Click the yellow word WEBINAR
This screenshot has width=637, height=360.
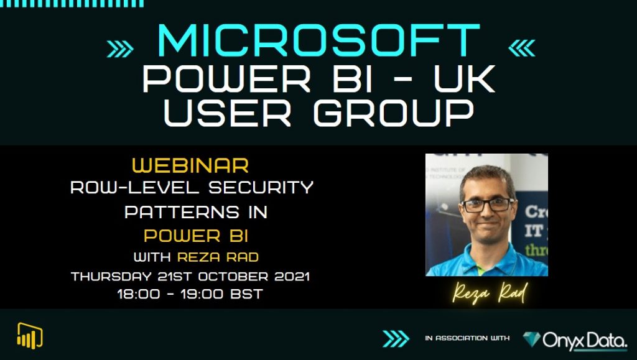click(x=191, y=166)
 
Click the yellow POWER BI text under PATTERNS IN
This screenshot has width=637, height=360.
click(x=191, y=236)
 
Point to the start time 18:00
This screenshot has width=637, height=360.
click(x=137, y=294)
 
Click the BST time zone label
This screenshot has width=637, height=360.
click(x=247, y=294)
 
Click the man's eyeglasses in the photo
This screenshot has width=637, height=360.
click(x=487, y=205)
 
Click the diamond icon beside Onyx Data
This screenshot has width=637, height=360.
click(x=532, y=339)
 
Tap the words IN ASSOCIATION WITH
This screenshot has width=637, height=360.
click(x=467, y=338)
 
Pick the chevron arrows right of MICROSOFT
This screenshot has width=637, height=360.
click(x=521, y=48)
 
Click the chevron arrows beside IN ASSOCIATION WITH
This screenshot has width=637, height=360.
click(x=396, y=338)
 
